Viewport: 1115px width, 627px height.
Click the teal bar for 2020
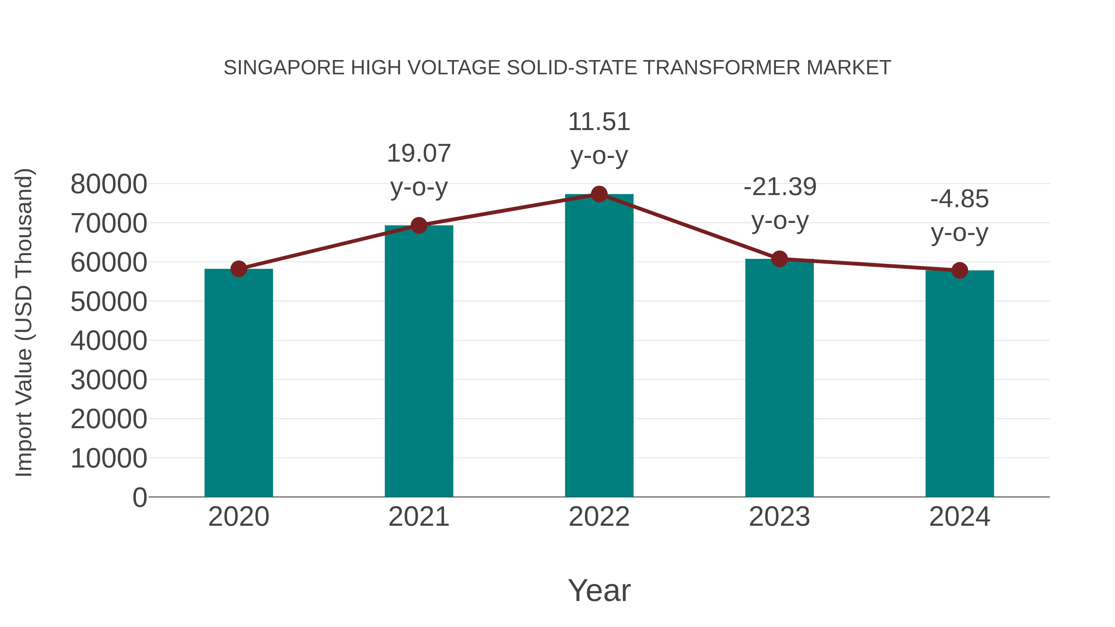pos(238,383)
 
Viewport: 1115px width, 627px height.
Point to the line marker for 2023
pos(779,259)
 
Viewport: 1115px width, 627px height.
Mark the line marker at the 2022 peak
pos(599,194)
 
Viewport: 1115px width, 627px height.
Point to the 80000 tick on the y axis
pos(109,184)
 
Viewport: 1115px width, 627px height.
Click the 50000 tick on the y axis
pos(109,302)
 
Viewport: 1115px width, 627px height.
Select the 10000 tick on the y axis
pos(109,458)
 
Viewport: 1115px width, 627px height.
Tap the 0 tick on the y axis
pos(139,497)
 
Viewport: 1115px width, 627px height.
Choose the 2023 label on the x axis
pos(779,517)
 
